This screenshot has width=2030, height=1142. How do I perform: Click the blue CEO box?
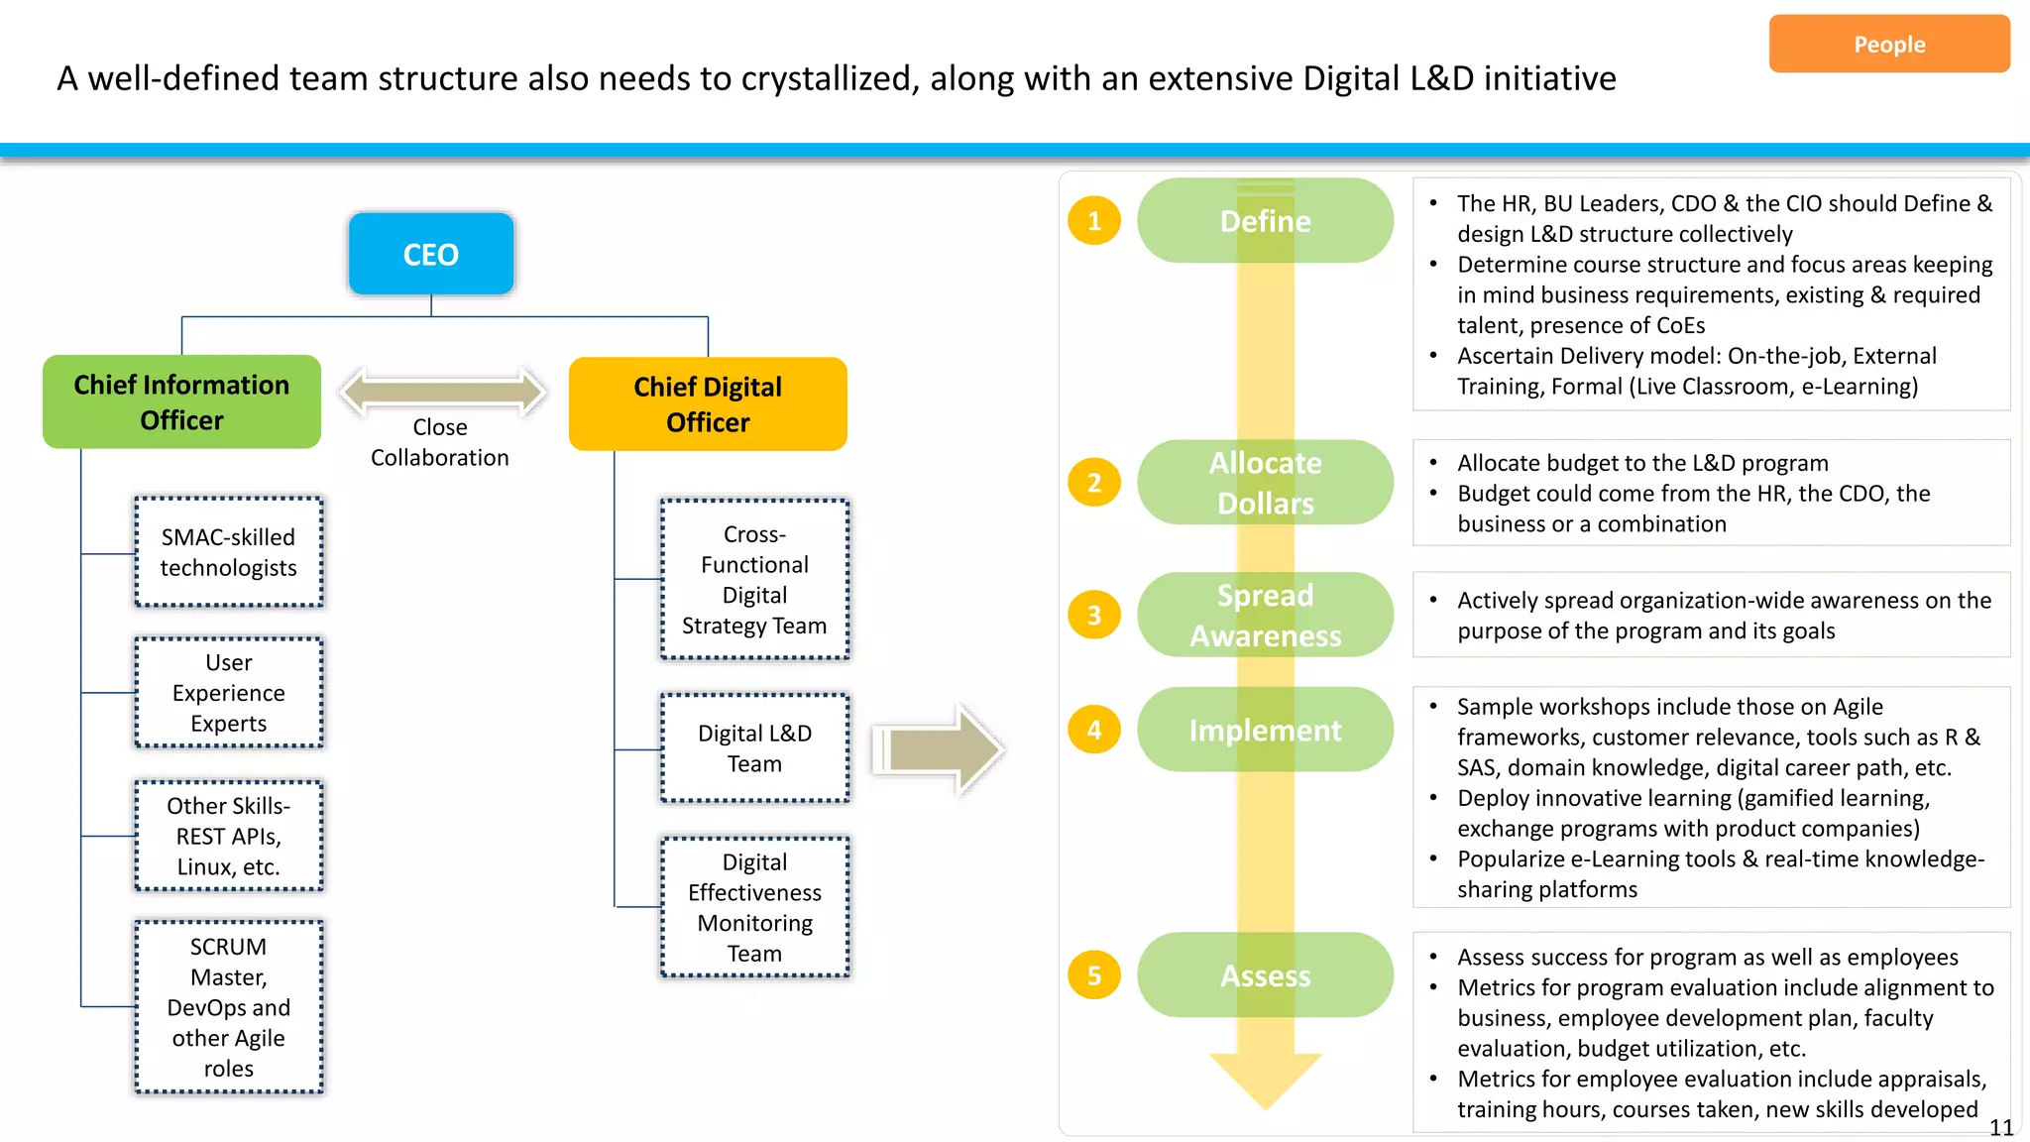430,254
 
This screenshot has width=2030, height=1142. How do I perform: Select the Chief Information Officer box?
181,401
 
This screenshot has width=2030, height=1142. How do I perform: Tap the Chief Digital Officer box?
708,403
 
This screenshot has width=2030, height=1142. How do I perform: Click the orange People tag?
1888,44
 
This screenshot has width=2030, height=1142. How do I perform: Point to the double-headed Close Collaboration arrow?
442,391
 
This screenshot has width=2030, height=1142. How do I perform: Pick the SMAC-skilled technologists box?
229,552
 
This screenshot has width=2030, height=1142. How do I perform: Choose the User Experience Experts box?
229,692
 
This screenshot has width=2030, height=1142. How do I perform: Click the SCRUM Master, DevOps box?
229,1006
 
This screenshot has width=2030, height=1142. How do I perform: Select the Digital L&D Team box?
754,748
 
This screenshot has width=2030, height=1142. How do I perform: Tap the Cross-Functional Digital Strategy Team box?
754,580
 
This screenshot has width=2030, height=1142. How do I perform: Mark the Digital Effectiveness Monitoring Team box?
754,907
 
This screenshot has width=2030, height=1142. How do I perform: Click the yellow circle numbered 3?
1093,615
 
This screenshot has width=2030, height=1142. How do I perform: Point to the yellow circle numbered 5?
1093,975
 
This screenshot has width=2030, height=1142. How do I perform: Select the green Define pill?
1265,221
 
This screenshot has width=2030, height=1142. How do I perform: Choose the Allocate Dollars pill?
1265,483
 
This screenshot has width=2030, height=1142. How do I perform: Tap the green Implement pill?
1265,730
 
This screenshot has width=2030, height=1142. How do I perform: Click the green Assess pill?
1265,975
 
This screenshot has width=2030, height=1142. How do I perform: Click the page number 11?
2000,1127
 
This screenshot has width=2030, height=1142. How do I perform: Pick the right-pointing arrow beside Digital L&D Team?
937,749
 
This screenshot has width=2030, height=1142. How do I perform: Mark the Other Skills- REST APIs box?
229,836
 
